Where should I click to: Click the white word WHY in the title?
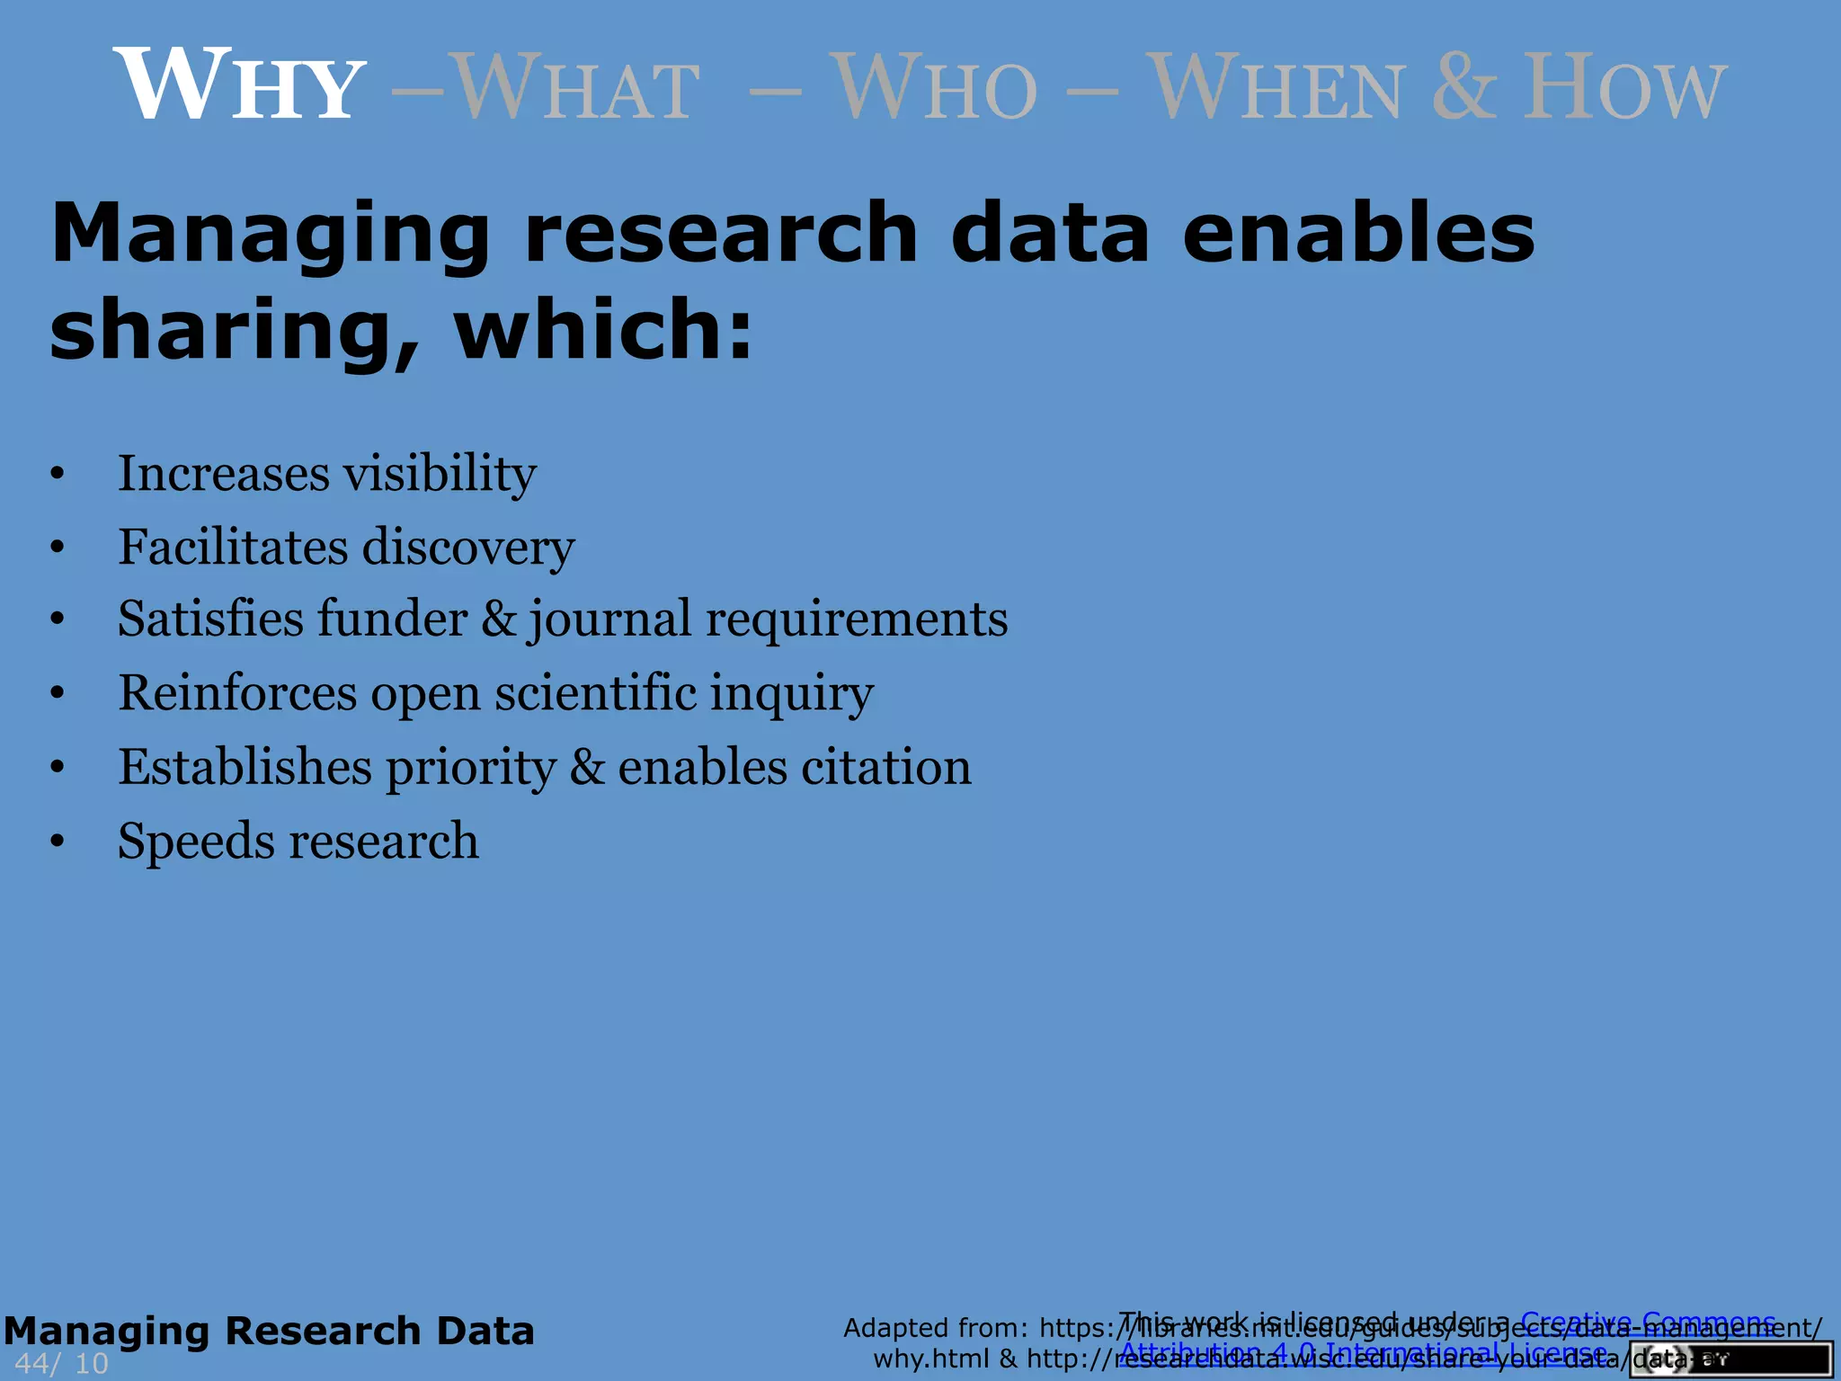pos(239,85)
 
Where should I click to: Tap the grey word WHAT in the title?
pos(575,87)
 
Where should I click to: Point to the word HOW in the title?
pos(1623,87)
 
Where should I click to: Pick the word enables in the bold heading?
pos(1357,234)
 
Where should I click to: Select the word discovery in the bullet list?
pos(467,548)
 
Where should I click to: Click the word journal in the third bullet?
pos(610,620)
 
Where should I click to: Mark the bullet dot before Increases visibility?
pos(58,474)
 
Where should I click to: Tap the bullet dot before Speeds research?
pos(58,842)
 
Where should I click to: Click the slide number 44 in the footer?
pos(31,1363)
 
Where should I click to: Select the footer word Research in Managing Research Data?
pos(322,1331)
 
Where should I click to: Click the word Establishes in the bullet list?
pos(245,767)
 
